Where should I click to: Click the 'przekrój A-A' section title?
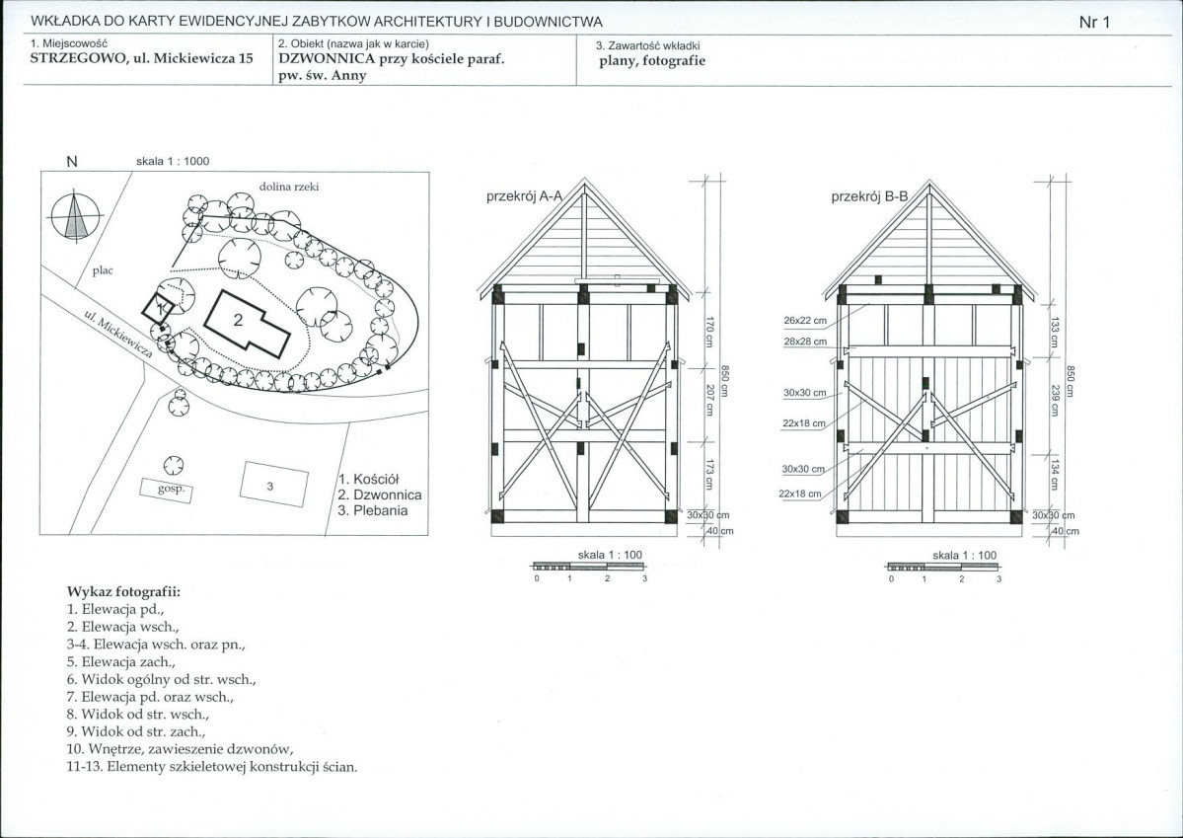(x=524, y=196)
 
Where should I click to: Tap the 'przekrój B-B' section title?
(x=869, y=196)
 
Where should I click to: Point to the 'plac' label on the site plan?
(x=104, y=270)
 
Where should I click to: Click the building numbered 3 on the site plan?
(x=270, y=485)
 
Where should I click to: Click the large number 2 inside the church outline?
(x=238, y=319)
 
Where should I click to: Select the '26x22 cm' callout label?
(x=806, y=321)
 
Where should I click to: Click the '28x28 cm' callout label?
(x=806, y=341)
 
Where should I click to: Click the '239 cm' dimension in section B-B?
(x=1055, y=399)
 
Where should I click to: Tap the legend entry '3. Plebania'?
(x=372, y=510)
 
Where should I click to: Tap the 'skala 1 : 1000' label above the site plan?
(x=173, y=162)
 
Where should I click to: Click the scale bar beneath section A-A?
(x=588, y=567)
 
